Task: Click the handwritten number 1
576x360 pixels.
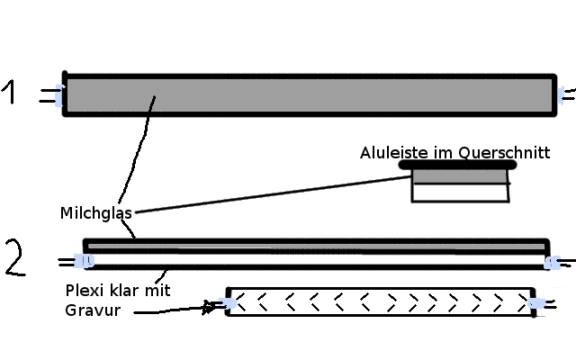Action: coord(11,93)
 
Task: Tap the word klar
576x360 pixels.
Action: coord(127,292)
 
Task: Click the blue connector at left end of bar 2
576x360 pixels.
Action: coord(84,261)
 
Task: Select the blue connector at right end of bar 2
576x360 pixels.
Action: coord(551,263)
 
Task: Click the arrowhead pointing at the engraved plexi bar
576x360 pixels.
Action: coord(210,308)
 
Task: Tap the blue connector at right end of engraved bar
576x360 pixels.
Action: coord(536,304)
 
